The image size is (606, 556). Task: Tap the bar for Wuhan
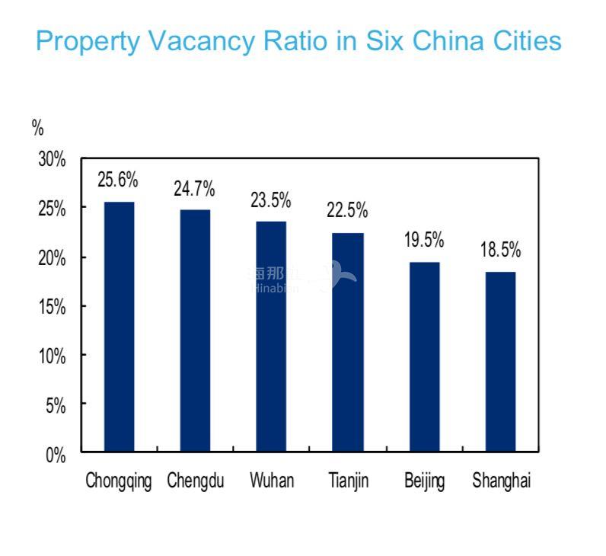point(271,336)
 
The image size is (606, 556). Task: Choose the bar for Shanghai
point(500,361)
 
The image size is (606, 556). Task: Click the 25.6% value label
point(118,181)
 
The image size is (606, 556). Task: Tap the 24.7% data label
point(194,188)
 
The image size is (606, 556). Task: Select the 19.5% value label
point(424,241)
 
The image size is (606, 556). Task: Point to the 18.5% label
point(500,250)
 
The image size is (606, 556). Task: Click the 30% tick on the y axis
point(53,160)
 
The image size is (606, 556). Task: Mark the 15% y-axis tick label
point(53,307)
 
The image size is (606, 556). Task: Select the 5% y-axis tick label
point(56,405)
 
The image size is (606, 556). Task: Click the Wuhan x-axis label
point(272,481)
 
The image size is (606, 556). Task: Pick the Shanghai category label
point(501,481)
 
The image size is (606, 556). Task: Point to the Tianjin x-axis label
point(347,481)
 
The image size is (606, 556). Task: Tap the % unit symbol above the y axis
point(37,128)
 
